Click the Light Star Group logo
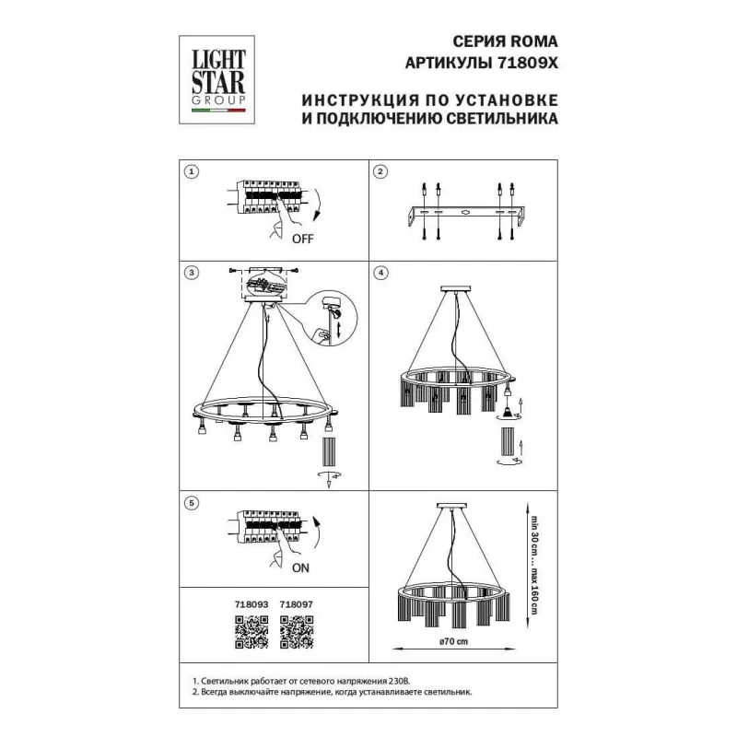(x=216, y=79)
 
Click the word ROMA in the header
(x=534, y=41)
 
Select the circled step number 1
(x=192, y=172)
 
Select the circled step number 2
(x=380, y=172)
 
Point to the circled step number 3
(x=192, y=273)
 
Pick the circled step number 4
(x=380, y=273)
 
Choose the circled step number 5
(x=192, y=503)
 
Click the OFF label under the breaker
(x=303, y=239)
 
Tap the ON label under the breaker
(x=301, y=567)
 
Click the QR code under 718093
(x=252, y=632)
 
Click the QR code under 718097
(x=297, y=632)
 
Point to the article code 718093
(x=252, y=604)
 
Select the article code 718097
(x=297, y=604)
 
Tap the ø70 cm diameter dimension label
(x=453, y=641)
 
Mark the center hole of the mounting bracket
(x=465, y=213)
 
